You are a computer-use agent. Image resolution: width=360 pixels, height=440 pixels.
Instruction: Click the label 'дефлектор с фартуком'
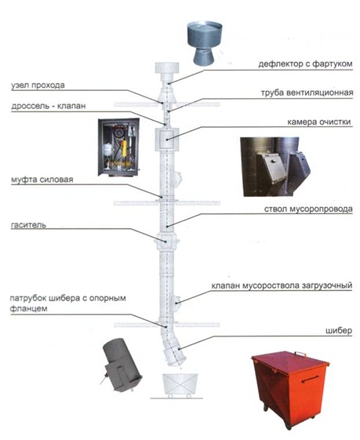pos(305,64)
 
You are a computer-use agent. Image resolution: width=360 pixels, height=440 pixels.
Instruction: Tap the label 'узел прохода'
pos(38,85)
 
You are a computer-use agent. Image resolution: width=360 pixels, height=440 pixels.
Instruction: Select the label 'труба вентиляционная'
pos(307,93)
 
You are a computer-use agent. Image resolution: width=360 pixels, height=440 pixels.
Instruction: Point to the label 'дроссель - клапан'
pos(49,107)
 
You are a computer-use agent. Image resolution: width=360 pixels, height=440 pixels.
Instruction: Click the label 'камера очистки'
pos(319,122)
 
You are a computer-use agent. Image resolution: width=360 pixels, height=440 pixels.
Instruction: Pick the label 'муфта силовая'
pos(42,180)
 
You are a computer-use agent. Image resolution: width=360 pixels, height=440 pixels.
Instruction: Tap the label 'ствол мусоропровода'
pos(308,209)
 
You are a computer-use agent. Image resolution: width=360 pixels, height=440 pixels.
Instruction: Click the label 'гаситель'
pos(28,225)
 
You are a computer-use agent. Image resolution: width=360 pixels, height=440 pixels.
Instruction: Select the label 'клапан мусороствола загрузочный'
pos(282,286)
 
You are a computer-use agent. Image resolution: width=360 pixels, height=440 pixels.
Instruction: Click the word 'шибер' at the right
pos(339,331)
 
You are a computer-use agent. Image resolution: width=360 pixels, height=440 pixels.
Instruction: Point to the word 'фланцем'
pos(27,309)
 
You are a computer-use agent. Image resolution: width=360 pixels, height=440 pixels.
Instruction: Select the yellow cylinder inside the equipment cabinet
pos(124,148)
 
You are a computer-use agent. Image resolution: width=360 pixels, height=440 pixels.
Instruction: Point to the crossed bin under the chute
pos(180,384)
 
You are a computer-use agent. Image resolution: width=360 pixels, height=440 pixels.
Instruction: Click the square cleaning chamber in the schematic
pos(167,139)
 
